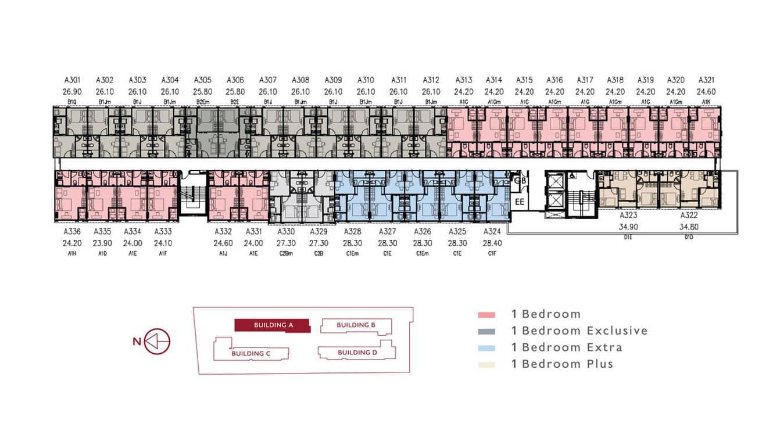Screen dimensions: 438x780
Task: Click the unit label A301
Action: coord(72,80)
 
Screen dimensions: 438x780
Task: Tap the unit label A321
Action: coord(706,80)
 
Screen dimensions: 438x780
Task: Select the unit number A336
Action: coord(72,232)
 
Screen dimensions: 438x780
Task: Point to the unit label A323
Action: coord(628,215)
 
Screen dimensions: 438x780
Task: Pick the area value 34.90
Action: coord(628,227)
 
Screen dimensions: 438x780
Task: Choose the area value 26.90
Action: coord(72,92)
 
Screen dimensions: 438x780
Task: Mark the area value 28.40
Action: coord(492,243)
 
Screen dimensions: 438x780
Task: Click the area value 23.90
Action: coord(102,243)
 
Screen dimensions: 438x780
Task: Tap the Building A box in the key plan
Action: coord(272,325)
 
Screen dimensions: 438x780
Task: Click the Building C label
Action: coord(251,353)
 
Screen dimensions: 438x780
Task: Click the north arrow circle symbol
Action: coord(157,342)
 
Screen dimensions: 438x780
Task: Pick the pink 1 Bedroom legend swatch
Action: coord(486,315)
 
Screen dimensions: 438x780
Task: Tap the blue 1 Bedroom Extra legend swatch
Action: coord(486,348)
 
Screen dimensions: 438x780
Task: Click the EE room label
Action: coord(520,202)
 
